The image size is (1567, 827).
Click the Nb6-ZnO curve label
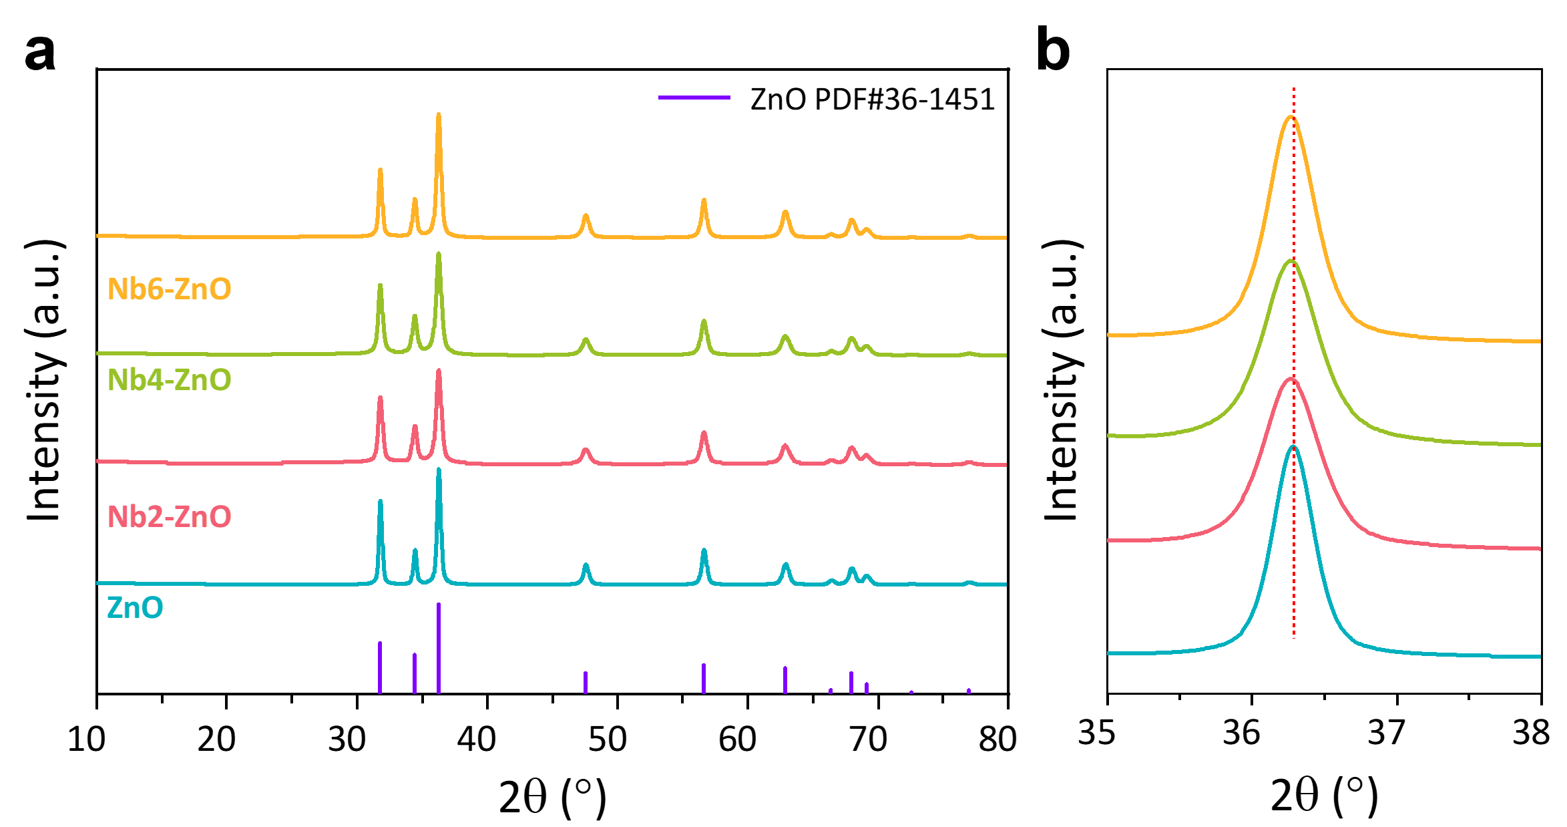[170, 289]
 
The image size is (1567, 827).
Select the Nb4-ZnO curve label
[170, 380]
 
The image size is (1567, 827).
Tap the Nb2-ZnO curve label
[170, 517]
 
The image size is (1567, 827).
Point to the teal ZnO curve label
[135, 608]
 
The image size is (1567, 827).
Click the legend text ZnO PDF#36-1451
[873, 100]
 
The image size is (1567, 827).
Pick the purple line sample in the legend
[694, 98]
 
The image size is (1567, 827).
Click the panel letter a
[40, 53]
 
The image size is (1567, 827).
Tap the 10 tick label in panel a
[87, 739]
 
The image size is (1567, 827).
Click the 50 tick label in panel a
[608, 739]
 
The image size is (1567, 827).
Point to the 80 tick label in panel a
[998, 739]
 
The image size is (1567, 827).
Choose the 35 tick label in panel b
[1097, 732]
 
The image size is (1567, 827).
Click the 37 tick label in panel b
[1387, 732]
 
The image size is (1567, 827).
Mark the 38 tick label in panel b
[1532, 732]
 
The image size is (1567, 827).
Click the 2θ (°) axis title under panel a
[553, 797]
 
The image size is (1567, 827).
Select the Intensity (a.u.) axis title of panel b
[1063, 381]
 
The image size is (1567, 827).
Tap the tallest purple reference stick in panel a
[439, 648]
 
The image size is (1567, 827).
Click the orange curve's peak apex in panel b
[1291, 117]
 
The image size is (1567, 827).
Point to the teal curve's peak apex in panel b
[1294, 446]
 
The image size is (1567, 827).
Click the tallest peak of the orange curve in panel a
[439, 114]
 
